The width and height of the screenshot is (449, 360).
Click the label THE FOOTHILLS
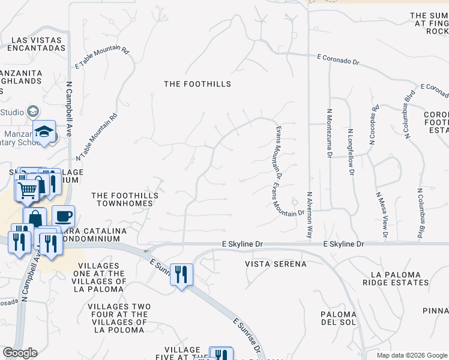(197, 84)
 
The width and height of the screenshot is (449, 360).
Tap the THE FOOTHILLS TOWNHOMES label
(125, 199)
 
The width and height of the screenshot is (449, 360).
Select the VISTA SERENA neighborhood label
(276, 264)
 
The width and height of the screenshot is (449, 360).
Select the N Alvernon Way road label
(310, 215)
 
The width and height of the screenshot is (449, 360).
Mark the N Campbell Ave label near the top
(69, 109)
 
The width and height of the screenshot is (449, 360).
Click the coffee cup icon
(63, 216)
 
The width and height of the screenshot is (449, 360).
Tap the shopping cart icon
(26, 190)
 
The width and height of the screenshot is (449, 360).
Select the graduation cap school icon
(44, 133)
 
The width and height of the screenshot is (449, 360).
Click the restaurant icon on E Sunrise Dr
(181, 274)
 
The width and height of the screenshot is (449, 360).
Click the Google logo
(20, 353)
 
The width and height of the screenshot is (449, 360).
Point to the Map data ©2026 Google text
(412, 355)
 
